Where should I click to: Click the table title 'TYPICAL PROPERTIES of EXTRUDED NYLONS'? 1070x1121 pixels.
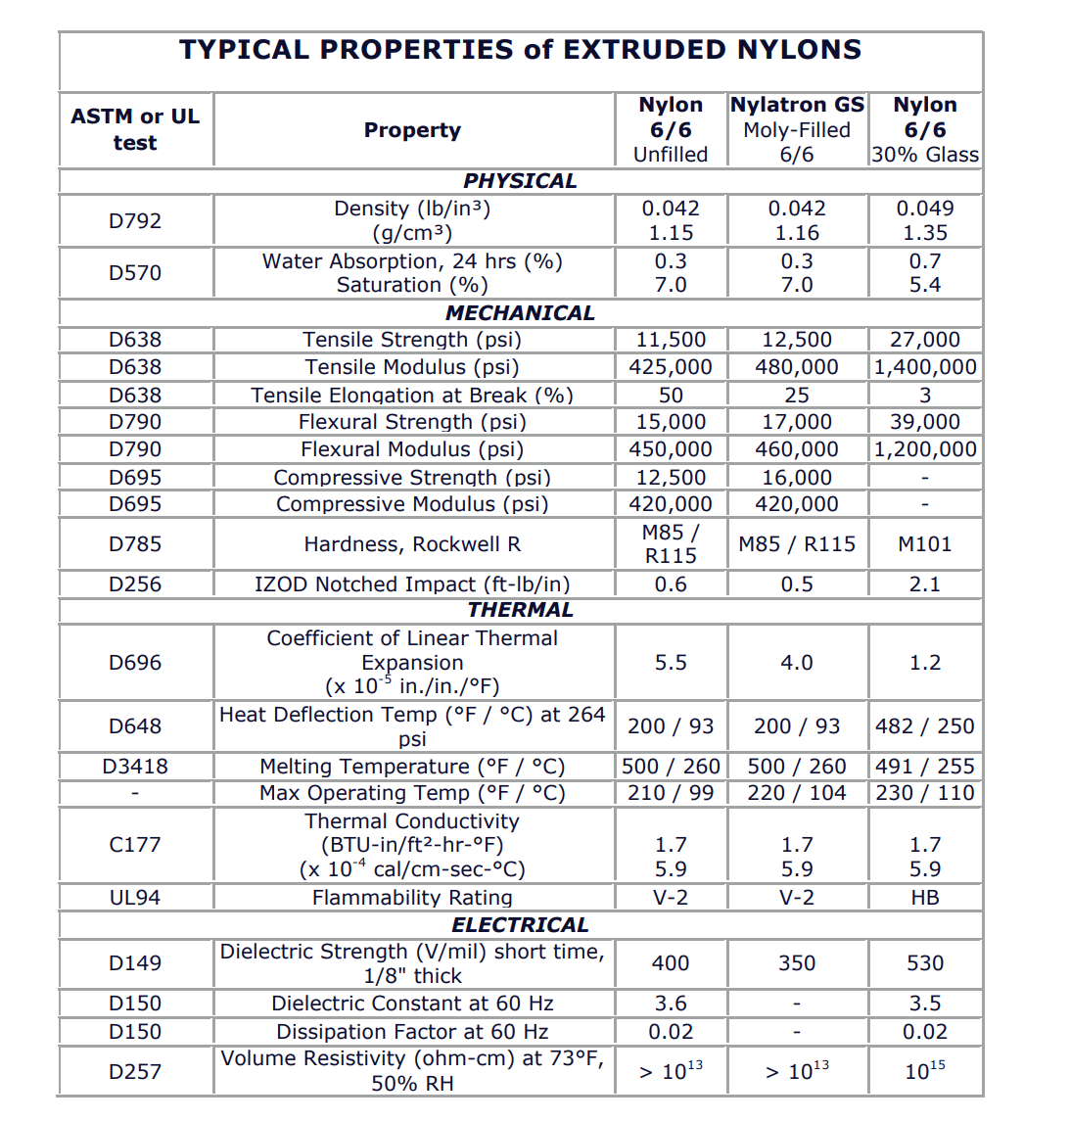(520, 50)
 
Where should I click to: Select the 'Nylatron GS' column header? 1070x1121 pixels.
(797, 106)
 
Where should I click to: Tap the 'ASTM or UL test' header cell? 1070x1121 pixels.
(135, 129)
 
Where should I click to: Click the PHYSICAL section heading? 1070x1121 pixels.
(520, 181)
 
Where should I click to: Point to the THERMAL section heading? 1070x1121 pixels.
(520, 610)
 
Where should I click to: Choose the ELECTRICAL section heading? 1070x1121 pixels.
(520, 925)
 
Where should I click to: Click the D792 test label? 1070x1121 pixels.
(135, 221)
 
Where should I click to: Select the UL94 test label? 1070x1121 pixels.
(135, 898)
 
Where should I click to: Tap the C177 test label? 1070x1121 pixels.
(135, 845)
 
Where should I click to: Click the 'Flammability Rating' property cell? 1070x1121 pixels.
(412, 898)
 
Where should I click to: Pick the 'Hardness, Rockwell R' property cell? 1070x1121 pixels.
(412, 544)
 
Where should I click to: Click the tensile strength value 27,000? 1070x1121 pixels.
(924, 340)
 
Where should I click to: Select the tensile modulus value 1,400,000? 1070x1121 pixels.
(924, 367)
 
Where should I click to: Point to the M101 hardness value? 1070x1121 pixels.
(924, 544)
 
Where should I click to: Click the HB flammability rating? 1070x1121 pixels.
(924, 898)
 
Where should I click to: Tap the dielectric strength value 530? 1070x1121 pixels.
(924, 963)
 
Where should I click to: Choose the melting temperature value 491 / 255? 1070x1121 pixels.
(924, 767)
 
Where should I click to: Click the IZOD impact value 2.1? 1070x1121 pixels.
(924, 584)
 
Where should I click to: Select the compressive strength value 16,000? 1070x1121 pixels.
(797, 478)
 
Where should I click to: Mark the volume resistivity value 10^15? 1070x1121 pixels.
(924, 1071)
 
